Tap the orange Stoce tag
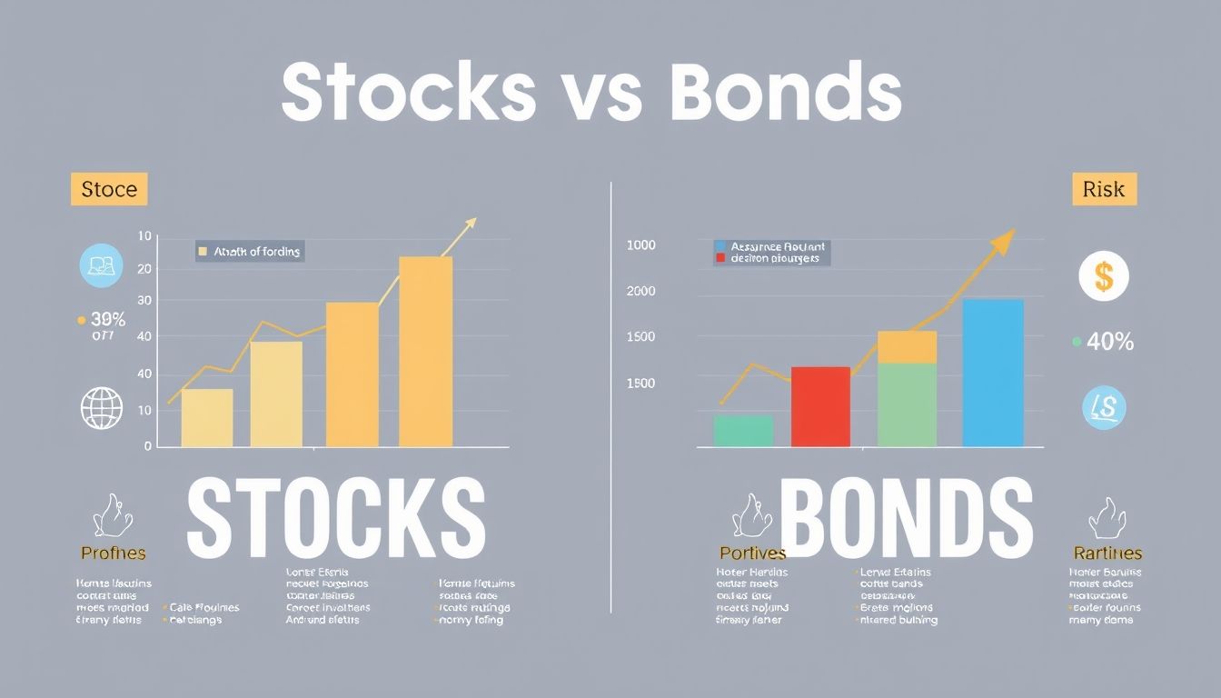pos(109,190)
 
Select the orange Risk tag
pos(1104,190)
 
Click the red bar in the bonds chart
pos(820,406)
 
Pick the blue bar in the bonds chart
pos(993,373)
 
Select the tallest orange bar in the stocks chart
pos(425,352)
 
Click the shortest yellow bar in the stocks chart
pos(207,417)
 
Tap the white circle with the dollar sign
pos(1103,276)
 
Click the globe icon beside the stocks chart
pos(102,408)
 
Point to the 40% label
pos(1109,342)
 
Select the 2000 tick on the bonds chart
pos(640,292)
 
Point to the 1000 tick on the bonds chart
pos(640,245)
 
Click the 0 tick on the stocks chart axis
pos(147,446)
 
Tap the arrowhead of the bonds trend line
pos(1003,242)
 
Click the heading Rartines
pos(1107,553)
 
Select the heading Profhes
pos(113,553)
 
